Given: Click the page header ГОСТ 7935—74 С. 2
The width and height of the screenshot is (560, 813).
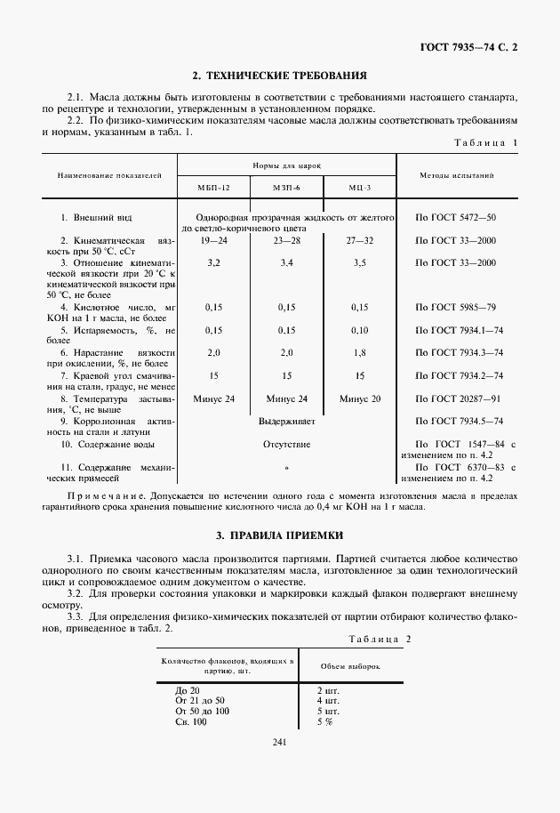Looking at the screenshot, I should (469, 46).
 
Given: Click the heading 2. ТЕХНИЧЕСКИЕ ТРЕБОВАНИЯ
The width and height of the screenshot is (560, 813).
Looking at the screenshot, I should (280, 76).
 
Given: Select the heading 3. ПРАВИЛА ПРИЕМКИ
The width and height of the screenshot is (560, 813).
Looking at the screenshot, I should (280, 535).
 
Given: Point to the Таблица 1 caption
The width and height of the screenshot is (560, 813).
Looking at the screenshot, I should (485, 142).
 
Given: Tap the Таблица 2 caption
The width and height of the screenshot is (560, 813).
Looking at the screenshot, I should (380, 639).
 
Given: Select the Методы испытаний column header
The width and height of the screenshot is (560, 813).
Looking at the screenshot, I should (456, 175).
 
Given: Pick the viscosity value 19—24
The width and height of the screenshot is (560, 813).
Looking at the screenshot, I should (213, 241).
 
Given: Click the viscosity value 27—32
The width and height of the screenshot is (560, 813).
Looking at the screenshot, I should (359, 241).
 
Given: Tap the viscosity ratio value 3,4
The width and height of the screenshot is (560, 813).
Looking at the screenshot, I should (286, 264).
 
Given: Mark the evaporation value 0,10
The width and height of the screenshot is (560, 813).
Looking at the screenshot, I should (359, 331).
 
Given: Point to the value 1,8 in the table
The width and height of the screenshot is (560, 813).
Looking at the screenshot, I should (359, 353).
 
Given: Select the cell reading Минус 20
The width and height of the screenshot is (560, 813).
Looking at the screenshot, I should (359, 398).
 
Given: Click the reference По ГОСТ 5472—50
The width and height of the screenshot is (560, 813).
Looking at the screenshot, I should (455, 218).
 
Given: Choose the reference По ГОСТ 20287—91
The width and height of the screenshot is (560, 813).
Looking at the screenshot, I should (460, 398).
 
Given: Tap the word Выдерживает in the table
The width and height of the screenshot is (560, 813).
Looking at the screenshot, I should (286, 421).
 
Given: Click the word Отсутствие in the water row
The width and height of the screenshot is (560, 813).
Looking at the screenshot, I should (286, 443).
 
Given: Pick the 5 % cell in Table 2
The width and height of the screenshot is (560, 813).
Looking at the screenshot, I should (324, 721).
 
